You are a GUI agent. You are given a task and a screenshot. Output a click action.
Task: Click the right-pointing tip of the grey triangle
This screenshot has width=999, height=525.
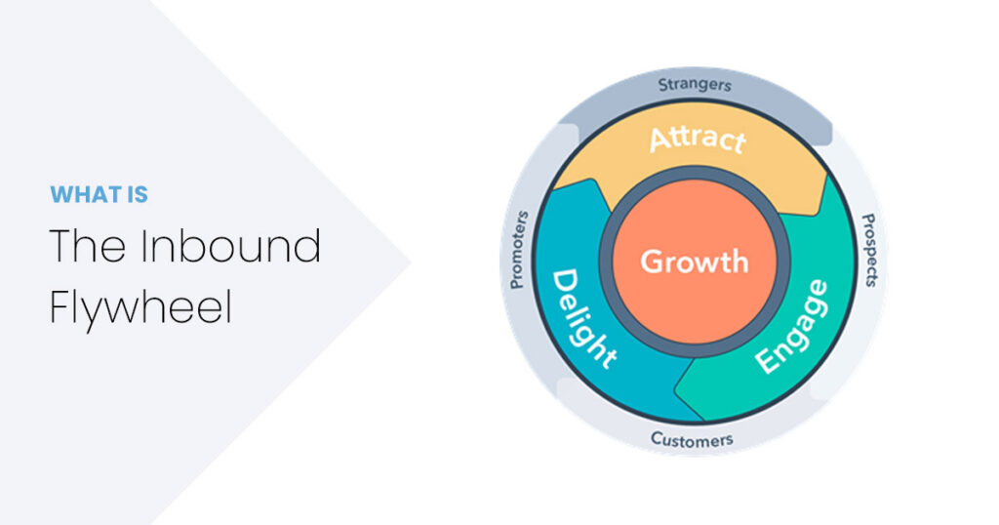coord(411,262)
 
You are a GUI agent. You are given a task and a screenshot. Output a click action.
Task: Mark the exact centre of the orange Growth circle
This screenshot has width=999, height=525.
coord(695,262)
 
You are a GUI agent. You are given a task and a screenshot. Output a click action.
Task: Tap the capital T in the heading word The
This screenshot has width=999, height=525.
coord(63,246)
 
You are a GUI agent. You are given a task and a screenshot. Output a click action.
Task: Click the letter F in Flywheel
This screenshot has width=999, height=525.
coord(60,307)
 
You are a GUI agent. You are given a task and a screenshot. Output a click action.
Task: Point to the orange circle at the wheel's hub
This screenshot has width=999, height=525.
coord(695,262)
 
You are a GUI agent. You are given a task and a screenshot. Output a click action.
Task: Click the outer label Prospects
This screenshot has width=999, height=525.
coord(869,250)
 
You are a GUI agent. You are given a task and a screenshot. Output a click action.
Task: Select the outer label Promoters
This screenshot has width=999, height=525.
coord(519,250)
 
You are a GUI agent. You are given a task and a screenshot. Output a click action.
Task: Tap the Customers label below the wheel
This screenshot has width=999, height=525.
coord(692,439)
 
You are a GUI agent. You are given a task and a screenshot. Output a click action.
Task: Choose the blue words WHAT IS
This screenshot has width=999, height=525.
coord(99,194)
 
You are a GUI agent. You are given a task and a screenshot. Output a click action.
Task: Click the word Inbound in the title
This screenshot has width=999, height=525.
coord(230,246)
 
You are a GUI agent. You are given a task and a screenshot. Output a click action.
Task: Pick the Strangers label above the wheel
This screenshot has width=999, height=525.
coord(695,84)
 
